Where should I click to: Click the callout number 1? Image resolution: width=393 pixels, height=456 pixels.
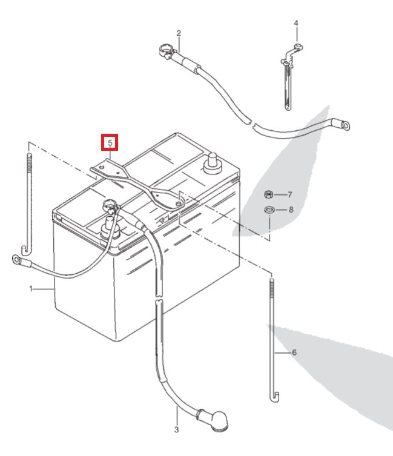point(30,289)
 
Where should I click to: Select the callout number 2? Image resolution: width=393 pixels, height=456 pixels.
point(179,33)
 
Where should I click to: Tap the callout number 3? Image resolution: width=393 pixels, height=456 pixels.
point(176,430)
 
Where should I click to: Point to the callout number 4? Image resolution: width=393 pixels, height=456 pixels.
point(296,24)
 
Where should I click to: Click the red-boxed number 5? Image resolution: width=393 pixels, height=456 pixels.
point(110,143)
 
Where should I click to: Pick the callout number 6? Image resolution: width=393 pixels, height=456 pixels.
point(294,352)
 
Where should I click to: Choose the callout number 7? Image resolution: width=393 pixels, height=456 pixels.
point(289,195)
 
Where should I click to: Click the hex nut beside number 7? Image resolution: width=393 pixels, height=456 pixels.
point(269,195)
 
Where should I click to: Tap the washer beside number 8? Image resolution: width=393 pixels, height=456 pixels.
point(270,210)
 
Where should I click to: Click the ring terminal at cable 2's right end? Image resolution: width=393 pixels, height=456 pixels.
point(345,126)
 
